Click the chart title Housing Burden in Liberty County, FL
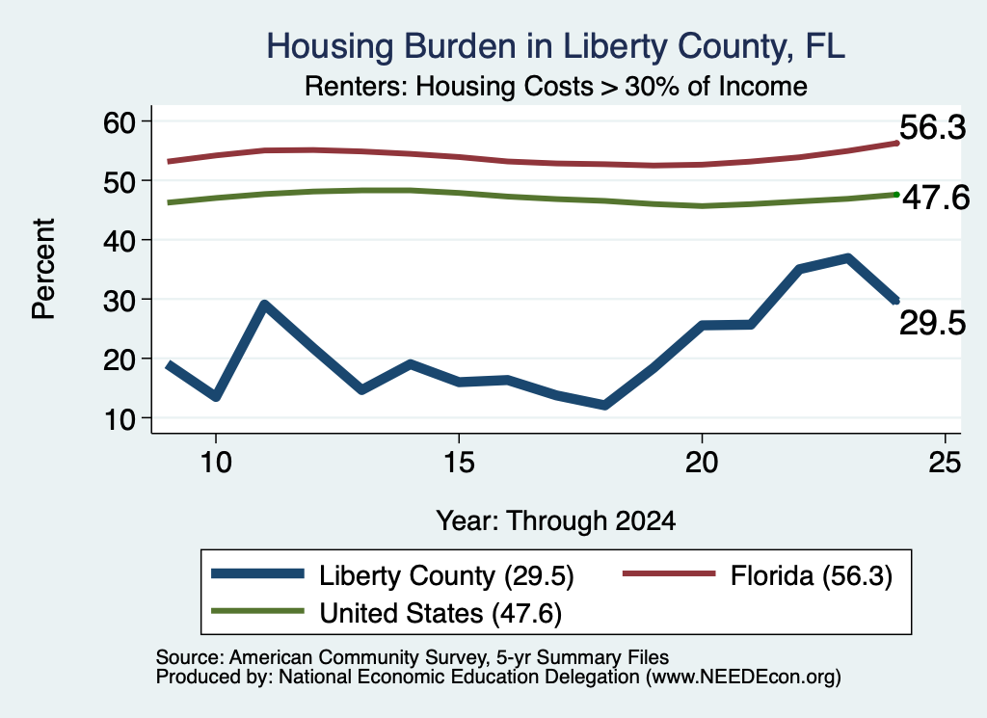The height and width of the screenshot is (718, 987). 555,46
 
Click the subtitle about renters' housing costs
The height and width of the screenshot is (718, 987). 556,86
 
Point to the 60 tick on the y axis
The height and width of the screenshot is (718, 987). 120,122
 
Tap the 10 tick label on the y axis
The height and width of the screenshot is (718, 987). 120,419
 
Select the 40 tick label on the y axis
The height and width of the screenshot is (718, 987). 120,240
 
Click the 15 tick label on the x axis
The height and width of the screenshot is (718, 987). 459,463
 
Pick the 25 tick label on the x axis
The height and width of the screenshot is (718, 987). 945,463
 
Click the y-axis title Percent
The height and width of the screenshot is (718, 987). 44,269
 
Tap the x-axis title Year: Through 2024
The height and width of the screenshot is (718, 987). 556,521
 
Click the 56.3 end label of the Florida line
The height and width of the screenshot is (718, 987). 932,128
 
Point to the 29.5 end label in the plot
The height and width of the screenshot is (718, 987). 932,324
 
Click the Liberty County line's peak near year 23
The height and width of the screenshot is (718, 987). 847,258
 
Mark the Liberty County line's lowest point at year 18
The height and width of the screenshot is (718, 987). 605,405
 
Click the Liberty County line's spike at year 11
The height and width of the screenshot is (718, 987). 265,306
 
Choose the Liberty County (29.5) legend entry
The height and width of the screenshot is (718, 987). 393,575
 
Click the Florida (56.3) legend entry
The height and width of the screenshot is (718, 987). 758,575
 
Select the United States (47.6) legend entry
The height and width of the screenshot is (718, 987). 387,613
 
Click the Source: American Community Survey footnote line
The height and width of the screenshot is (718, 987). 413,657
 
